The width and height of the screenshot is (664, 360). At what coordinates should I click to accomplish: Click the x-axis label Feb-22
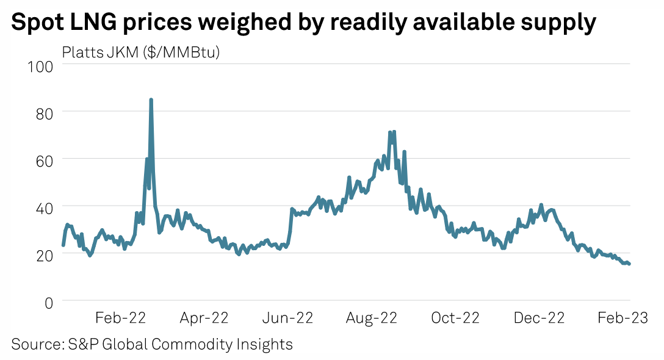coord(120,318)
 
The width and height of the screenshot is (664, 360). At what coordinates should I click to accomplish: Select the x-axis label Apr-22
coord(203,318)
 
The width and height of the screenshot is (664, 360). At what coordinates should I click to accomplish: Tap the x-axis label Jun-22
coord(287,318)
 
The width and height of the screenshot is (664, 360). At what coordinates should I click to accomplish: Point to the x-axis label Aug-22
coord(371,318)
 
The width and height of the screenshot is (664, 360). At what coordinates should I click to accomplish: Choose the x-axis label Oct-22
coord(455,318)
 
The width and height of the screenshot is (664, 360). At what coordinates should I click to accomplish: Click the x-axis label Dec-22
coord(539,318)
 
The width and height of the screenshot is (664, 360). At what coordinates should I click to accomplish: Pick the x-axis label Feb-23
coord(622,318)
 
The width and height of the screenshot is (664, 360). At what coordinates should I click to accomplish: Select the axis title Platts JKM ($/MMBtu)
coord(141,52)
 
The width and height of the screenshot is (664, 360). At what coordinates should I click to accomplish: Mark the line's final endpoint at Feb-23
coord(629,264)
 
